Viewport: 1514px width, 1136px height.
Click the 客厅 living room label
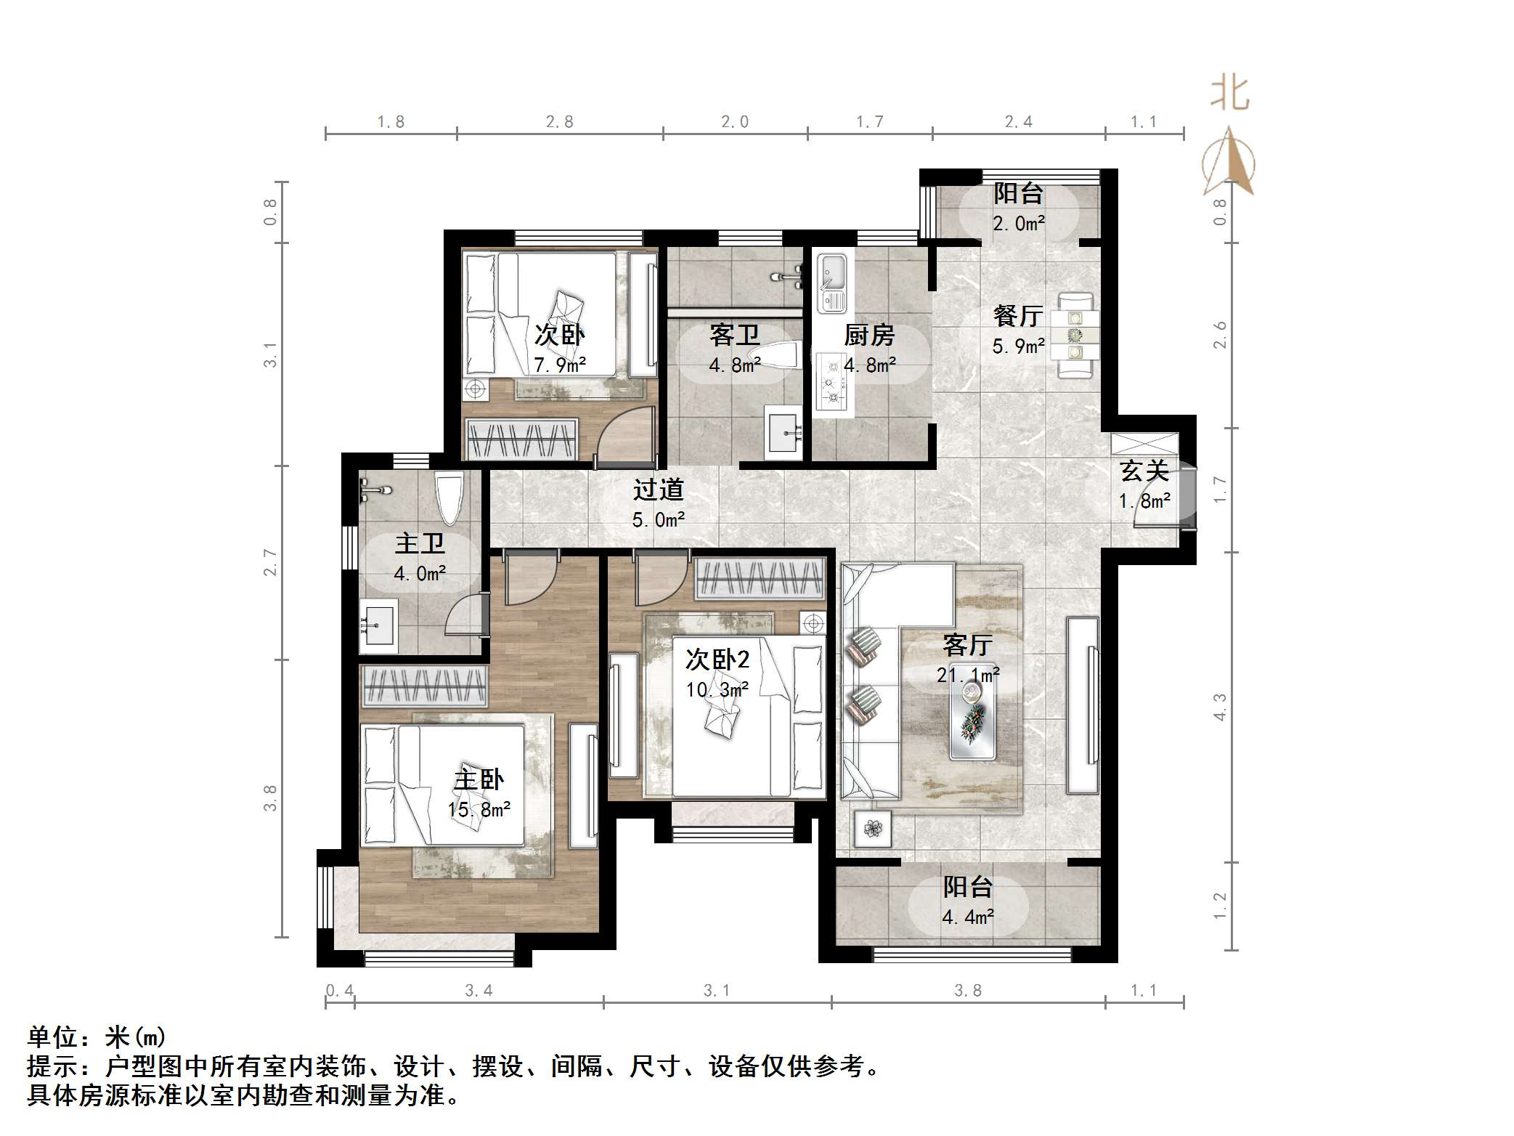tap(967, 644)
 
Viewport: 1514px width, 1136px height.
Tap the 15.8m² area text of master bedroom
tap(479, 809)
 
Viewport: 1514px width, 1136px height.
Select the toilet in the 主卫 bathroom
tap(449, 497)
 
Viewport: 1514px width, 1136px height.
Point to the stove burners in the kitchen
tap(831, 381)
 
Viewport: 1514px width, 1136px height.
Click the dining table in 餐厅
tap(1075, 335)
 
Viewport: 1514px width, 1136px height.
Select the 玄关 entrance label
tap(1144, 471)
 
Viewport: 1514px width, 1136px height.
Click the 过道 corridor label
tap(658, 490)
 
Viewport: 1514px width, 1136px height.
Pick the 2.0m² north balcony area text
tap(1019, 224)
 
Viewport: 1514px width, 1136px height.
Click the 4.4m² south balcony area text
tap(968, 917)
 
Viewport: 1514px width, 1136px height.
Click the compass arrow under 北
tap(1229, 161)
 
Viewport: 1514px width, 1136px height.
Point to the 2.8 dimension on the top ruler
tap(560, 122)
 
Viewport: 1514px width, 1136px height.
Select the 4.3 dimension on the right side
tap(1220, 707)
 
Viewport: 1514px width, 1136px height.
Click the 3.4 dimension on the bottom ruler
tap(479, 990)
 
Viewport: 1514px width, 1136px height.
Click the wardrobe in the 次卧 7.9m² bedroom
tap(521, 439)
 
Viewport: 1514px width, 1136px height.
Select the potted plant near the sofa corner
tap(873, 828)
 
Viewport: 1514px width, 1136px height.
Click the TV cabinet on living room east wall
tap(1082, 705)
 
